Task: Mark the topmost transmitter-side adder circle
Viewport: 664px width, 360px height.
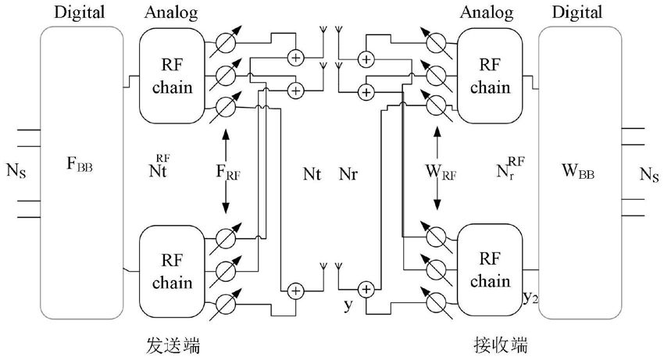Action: (296, 57)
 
